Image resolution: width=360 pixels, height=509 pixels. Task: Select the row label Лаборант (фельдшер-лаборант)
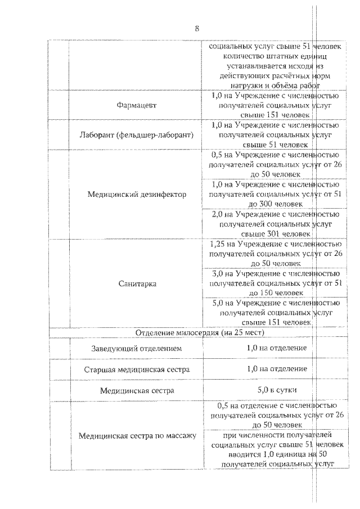point(137,135)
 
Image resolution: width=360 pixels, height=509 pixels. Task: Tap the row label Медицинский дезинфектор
point(137,194)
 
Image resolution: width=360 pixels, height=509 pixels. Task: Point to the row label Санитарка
point(137,284)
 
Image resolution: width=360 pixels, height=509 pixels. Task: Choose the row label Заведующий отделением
point(137,349)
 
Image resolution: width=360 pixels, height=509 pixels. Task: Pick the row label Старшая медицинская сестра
point(137,370)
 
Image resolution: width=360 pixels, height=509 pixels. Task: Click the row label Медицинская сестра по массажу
point(137,435)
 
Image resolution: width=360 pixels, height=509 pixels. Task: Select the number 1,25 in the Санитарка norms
point(218,244)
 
